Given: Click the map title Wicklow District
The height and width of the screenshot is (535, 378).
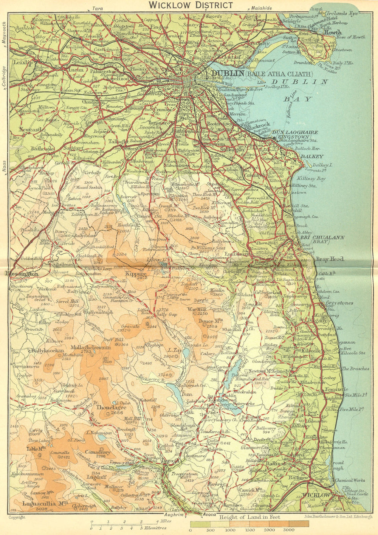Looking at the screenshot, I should click(191, 5).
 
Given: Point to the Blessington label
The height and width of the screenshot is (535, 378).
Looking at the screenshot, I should click(22, 273).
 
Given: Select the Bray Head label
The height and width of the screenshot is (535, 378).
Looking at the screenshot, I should click(330, 259).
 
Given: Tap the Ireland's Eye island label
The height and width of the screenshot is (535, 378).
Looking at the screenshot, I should click(342, 13).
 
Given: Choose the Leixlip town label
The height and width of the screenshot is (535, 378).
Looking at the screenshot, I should click(23, 63).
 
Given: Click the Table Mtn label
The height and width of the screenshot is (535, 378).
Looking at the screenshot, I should click(36, 449).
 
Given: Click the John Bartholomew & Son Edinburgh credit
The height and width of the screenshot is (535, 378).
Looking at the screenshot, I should click(328, 516).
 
